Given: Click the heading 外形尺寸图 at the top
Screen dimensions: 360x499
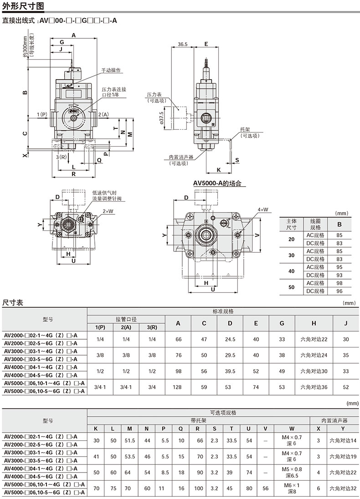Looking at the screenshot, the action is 23,6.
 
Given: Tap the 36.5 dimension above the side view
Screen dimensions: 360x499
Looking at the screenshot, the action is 183,44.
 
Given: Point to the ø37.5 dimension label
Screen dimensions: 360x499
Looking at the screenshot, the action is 161,119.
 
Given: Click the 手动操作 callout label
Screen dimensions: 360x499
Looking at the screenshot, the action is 111,70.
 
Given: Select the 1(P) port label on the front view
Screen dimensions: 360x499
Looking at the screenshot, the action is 42,114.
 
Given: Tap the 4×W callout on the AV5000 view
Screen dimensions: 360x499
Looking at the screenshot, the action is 263,209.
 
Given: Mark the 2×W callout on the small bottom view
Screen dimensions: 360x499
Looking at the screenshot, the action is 108,211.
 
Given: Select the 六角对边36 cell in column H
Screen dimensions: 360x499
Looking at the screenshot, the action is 314,387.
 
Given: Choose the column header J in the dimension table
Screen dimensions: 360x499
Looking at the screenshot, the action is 346,323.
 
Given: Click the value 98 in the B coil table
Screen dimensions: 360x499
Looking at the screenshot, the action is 339,283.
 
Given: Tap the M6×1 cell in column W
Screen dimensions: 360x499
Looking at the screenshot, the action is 292,485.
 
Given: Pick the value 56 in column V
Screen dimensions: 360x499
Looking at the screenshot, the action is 265,488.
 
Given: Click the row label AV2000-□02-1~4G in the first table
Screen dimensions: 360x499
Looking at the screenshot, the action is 41,335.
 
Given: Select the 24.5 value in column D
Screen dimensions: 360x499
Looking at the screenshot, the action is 230,339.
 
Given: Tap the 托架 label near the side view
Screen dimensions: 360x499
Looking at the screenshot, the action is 245,129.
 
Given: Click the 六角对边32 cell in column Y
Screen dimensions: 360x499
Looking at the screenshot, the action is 343,488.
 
